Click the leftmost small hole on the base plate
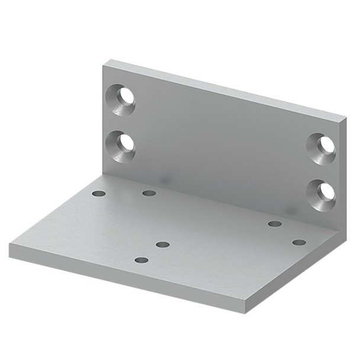[99, 194]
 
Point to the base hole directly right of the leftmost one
[149, 193]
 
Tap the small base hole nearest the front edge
[141, 260]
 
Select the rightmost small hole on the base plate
[299, 242]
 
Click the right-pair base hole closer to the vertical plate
[274, 224]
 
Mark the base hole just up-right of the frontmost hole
[163, 244]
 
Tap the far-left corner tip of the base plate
[9, 245]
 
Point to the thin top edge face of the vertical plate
[225, 89]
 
